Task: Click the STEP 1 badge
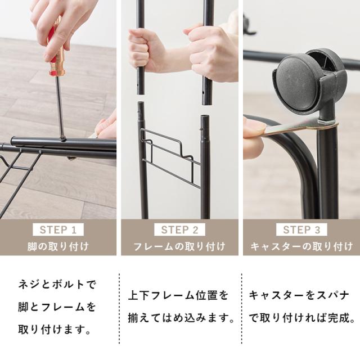point(58,229)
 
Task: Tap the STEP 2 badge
point(180,229)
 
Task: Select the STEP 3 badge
point(301,229)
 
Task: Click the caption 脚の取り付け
point(58,246)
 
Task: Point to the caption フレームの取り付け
point(180,246)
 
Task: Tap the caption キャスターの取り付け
point(301,246)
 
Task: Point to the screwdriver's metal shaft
point(59,107)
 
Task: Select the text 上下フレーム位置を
point(179,295)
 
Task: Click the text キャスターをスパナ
point(299,295)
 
